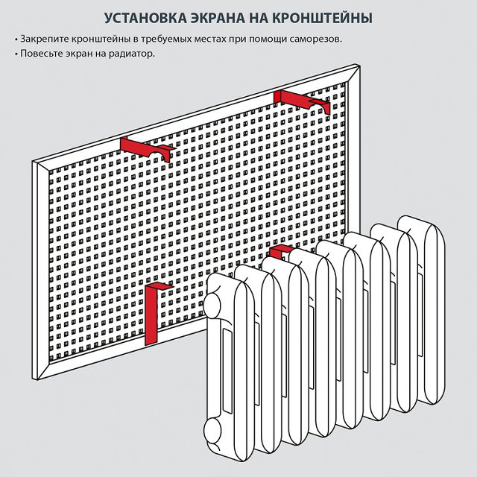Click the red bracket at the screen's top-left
[145, 147]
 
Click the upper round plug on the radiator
[214, 305]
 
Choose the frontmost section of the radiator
[236, 365]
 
